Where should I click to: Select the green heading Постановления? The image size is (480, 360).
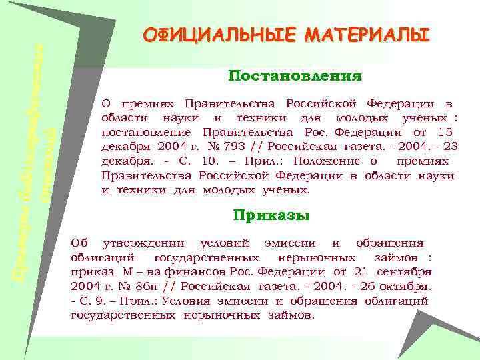(295, 77)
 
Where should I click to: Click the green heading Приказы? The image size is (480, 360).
(271, 215)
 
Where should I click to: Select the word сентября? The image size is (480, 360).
(404, 272)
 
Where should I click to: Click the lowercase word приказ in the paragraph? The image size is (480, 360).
(93, 272)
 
